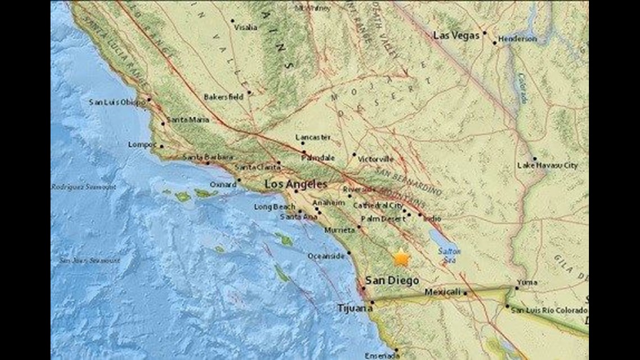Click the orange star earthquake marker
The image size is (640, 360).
pos(401,258)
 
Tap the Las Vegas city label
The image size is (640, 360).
pos(456,35)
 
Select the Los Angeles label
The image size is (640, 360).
pos(295,184)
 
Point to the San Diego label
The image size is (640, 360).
pos(392,280)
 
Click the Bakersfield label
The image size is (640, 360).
pos(223,97)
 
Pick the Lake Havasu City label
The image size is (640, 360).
pos(547,166)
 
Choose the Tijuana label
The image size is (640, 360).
pos(351,308)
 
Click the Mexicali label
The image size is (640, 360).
pos(442,292)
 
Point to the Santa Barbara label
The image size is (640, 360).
pos(207,157)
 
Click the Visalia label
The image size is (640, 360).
pos(246,27)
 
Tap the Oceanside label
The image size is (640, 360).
pos(326,256)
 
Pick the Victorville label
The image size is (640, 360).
pos(376,159)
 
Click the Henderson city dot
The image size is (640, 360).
pos(495,43)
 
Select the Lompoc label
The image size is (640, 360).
pos(142,144)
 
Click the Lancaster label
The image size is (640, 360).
pos(313,137)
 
